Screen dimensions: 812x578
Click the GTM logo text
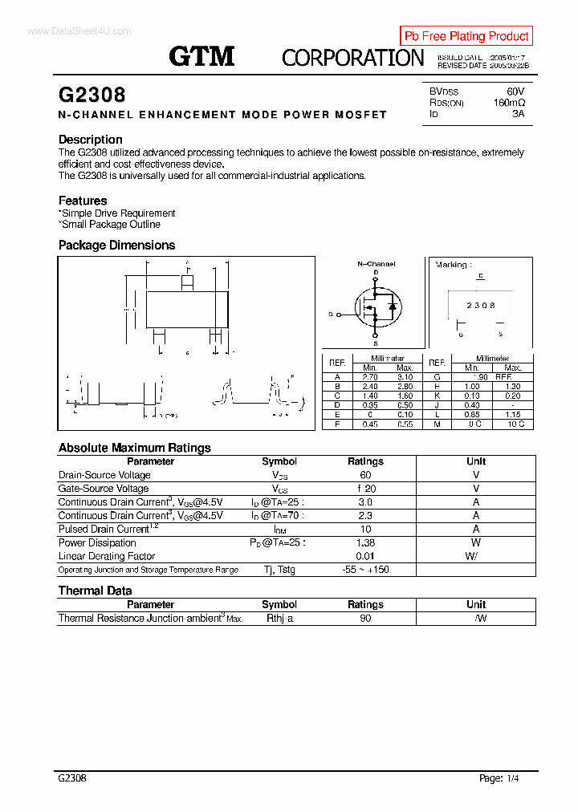click(201, 56)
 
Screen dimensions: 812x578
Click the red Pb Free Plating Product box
click(466, 36)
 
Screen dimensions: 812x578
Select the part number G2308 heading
click(92, 95)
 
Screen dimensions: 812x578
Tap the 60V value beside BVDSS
click(515, 91)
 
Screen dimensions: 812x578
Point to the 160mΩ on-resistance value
click(509, 103)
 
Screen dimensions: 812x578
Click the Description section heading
click(90, 140)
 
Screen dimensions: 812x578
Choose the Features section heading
click(82, 201)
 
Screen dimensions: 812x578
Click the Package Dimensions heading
click(116, 246)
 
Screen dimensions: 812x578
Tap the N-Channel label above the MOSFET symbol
click(376, 264)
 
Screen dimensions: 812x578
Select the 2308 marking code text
click(481, 306)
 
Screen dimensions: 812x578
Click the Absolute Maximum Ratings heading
click(134, 448)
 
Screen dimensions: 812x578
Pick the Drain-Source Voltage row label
click(104, 475)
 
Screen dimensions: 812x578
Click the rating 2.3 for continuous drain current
click(365, 516)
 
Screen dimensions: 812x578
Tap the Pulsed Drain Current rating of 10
click(365, 530)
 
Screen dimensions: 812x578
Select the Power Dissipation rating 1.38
click(365, 543)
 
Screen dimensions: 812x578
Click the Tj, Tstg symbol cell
click(279, 570)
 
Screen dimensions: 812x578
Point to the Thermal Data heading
click(95, 591)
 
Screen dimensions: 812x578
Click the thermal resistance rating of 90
click(365, 619)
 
